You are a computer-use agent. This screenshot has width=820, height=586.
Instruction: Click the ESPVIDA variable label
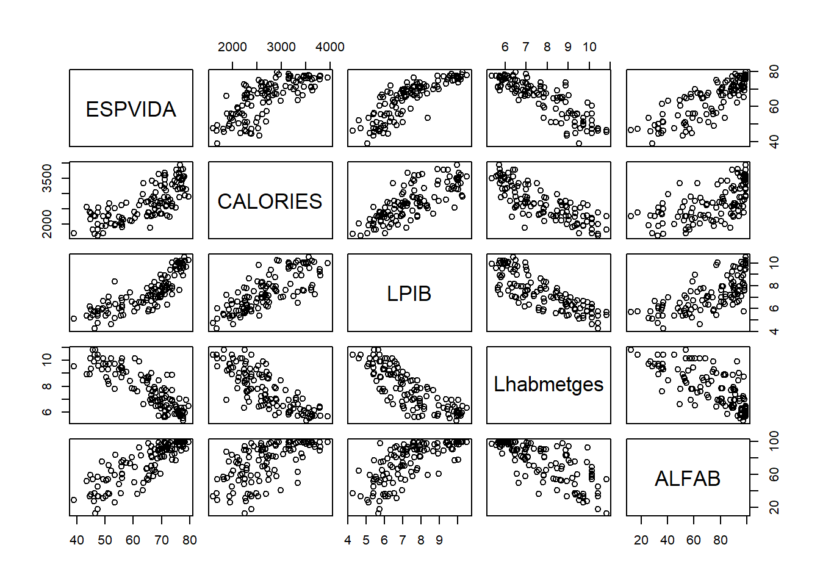[x=131, y=109]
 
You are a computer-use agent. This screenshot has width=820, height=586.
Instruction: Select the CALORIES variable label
[x=270, y=201]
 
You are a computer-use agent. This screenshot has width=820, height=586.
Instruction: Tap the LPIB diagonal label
[x=409, y=294]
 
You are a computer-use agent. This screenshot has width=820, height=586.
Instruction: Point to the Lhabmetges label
[x=548, y=385]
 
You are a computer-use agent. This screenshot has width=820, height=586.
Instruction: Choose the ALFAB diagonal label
[x=688, y=479]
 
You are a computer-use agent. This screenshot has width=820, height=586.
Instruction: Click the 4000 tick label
[x=330, y=47]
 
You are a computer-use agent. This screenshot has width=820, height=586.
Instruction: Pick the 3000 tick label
[x=281, y=47]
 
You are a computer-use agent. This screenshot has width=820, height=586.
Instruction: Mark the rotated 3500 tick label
[x=47, y=178]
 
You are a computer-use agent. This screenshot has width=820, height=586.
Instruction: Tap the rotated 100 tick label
[x=774, y=441]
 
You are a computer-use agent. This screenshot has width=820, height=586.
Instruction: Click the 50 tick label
[x=105, y=540]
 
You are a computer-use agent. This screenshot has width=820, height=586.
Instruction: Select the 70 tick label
[x=162, y=540]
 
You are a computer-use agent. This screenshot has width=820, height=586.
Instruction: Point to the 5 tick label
[x=366, y=540]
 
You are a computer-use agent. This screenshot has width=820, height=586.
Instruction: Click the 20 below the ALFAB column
[x=641, y=540]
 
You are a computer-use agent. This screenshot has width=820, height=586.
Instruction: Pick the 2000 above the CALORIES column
[x=232, y=47]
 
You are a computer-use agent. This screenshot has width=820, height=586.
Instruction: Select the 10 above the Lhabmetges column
[x=589, y=47]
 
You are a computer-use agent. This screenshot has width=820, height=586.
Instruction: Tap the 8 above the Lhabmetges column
[x=547, y=47]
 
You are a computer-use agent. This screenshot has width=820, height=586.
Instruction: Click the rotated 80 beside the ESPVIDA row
[x=774, y=72]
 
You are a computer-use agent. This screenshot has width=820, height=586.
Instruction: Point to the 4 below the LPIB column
[x=348, y=540]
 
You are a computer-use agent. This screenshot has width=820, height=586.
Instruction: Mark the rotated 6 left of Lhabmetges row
[x=47, y=412]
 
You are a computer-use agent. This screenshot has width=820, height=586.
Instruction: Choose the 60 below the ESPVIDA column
[x=133, y=540]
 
